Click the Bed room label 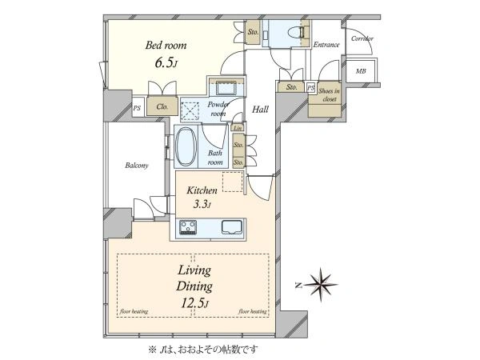(x=166, y=46)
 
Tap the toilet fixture (x=297, y=33)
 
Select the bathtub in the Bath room (x=186, y=147)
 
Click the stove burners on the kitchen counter (x=188, y=227)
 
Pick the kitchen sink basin (x=232, y=227)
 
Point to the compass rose (x=321, y=285)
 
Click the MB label (x=361, y=71)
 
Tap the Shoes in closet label (x=329, y=95)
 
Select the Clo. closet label (x=162, y=106)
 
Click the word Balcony (x=137, y=166)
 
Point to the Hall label (x=260, y=110)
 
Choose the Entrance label (x=326, y=45)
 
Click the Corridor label (x=362, y=38)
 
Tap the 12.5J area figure (x=194, y=303)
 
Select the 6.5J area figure (x=166, y=63)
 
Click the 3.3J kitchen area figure (x=202, y=204)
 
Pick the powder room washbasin (x=226, y=89)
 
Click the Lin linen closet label (x=238, y=128)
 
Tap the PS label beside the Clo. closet (x=137, y=108)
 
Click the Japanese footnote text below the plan (x=203, y=349)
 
